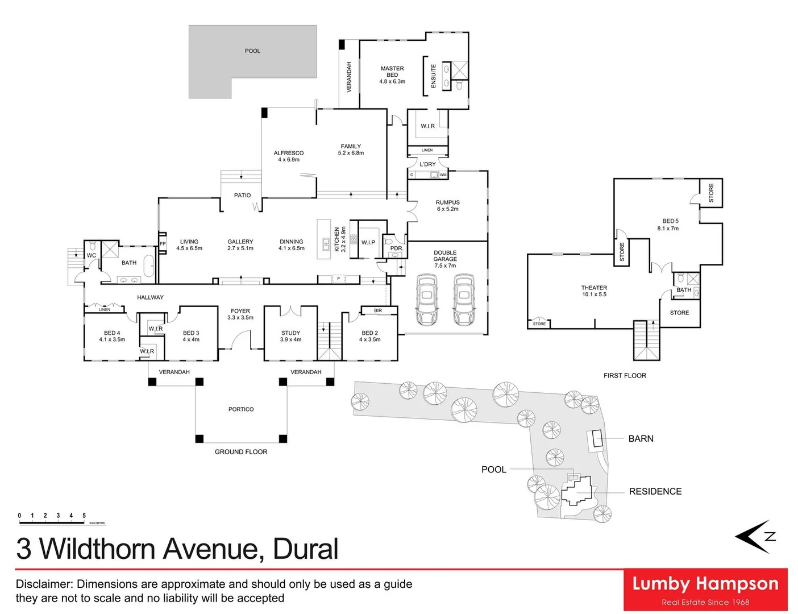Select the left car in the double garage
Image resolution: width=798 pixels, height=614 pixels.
pyautogui.click(x=427, y=300)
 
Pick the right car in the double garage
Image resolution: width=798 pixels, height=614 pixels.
pyautogui.click(x=464, y=300)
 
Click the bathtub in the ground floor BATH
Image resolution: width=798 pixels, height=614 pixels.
pyautogui.click(x=148, y=266)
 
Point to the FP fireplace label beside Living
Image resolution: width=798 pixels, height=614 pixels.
pyautogui.click(x=163, y=244)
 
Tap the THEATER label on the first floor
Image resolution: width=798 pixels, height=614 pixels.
pyautogui.click(x=594, y=288)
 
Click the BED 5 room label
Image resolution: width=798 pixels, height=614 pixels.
pyautogui.click(x=670, y=221)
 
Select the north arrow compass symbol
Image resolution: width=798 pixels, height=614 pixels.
pyautogui.click(x=755, y=536)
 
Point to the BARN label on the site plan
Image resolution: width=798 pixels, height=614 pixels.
pyautogui.click(x=641, y=439)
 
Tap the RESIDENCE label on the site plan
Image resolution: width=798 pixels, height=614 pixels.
pyautogui.click(x=655, y=492)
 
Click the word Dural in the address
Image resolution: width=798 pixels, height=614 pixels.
pyautogui.click(x=305, y=549)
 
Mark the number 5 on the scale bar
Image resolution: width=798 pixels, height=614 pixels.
pyautogui.click(x=84, y=516)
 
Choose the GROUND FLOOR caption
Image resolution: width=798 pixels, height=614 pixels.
pyautogui.click(x=241, y=452)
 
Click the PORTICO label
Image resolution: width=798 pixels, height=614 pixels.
pyautogui.click(x=241, y=409)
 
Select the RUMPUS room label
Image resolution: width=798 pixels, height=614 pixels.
pyautogui.click(x=447, y=202)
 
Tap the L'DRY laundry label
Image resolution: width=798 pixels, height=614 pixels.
pyautogui.click(x=427, y=164)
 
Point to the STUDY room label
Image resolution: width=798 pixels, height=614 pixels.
pyautogui.click(x=290, y=333)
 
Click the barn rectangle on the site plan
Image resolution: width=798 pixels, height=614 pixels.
pyautogui.click(x=597, y=439)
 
